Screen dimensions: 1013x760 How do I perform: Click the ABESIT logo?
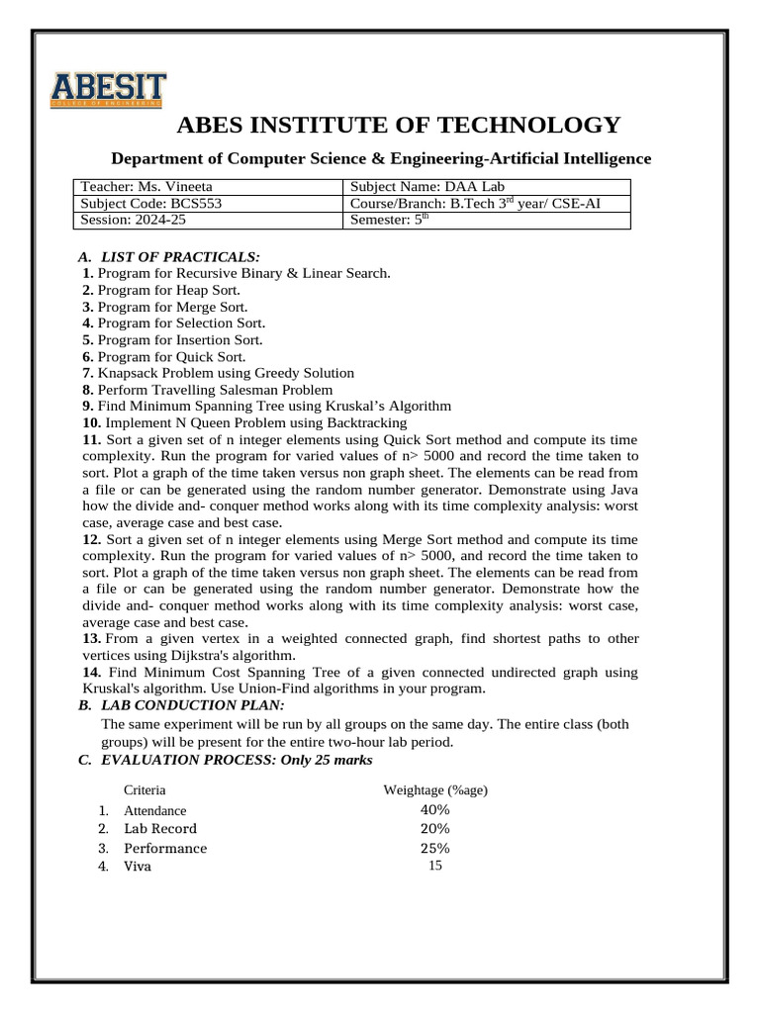[x=108, y=89]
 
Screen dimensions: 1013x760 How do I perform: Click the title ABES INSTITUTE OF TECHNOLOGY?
[x=398, y=125]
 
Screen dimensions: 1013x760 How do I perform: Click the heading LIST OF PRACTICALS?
[x=173, y=257]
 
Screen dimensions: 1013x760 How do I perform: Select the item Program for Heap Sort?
[x=168, y=290]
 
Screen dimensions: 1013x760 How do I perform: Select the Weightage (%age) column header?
[x=434, y=790]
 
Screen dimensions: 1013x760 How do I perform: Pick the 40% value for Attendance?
[x=434, y=810]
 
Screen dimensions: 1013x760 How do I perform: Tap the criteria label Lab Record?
[x=159, y=829]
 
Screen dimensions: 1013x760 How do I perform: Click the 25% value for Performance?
[x=434, y=849]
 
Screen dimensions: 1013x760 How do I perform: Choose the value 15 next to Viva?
[x=434, y=866]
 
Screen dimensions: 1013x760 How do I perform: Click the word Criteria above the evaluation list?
[x=144, y=790]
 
